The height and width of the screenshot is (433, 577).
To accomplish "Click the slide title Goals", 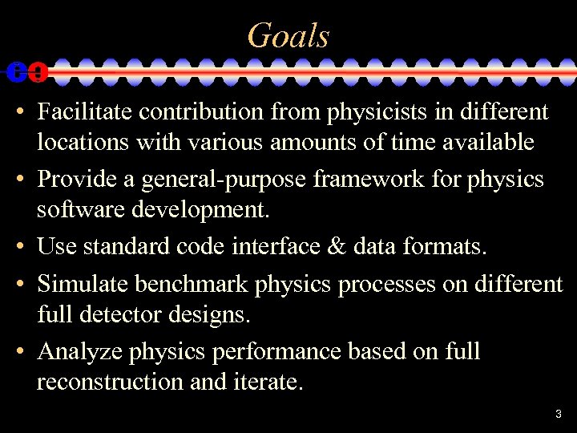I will point(288,35).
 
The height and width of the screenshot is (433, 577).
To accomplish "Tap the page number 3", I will point(559,415).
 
